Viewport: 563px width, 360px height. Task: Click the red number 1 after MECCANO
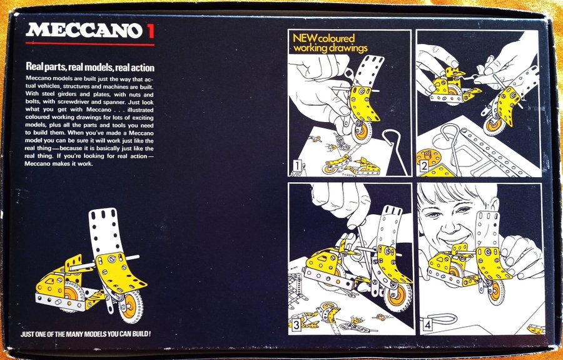151,31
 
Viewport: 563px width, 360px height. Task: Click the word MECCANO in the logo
84,31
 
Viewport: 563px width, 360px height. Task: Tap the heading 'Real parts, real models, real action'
90,67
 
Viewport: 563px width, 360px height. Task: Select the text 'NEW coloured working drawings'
330,43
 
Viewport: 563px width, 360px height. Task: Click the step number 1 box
297,166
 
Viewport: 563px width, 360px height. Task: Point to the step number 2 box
424,166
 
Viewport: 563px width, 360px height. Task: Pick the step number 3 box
297,326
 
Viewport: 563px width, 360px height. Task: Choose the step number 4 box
427,325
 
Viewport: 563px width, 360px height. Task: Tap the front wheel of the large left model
130,306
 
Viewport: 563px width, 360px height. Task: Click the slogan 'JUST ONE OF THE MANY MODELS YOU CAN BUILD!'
86,334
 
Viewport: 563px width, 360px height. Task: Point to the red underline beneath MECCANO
89,44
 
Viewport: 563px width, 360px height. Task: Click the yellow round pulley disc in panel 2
429,157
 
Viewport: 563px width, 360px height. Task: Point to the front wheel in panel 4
496,292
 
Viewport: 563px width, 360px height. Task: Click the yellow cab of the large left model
54,281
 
